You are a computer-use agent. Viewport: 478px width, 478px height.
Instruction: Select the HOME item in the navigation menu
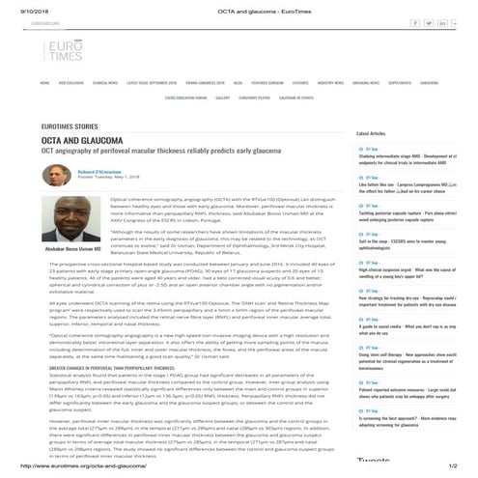(44, 83)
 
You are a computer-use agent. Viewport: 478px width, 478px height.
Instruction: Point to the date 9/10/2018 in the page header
(19, 6)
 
